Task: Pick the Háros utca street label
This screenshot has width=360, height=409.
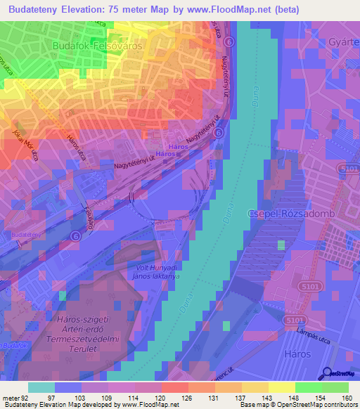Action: pyautogui.click(x=79, y=145)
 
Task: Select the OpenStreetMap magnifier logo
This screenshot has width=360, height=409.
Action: pyautogui.click(x=328, y=373)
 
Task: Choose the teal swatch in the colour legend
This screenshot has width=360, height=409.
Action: pyautogui.click(x=41, y=387)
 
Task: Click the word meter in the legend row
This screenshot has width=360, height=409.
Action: pyautogui.click(x=9, y=398)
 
